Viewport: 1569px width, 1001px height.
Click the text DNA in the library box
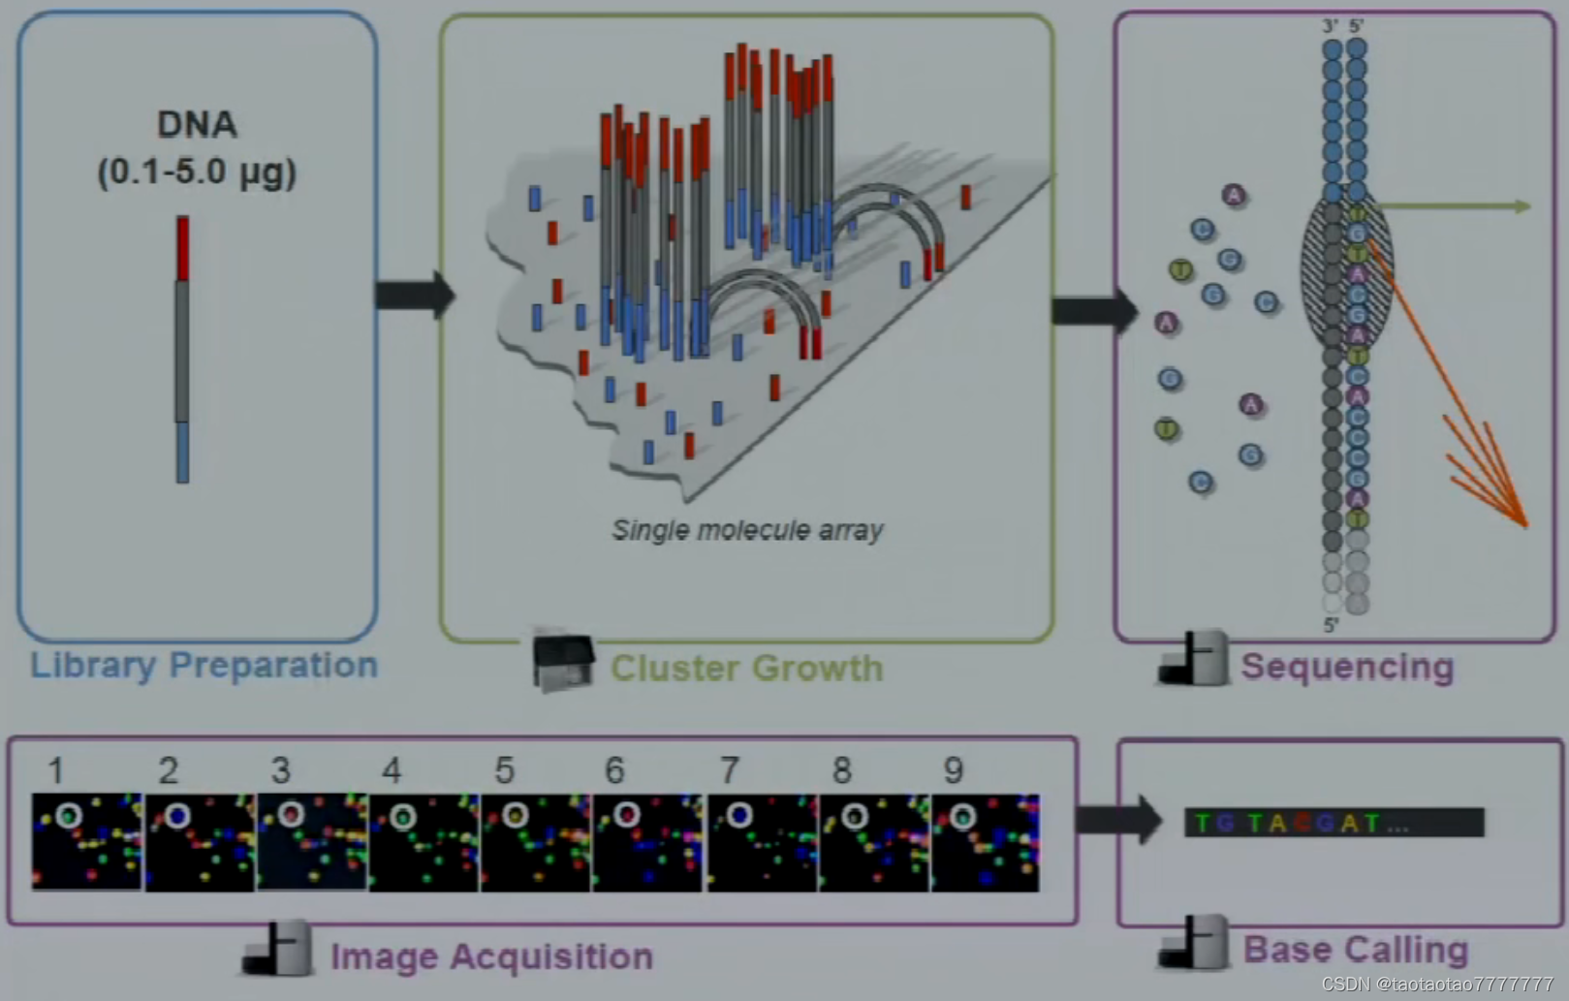coord(197,125)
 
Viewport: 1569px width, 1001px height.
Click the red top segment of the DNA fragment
coord(182,248)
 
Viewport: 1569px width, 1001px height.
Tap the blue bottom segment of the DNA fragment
coord(182,452)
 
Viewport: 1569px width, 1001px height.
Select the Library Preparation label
coord(204,665)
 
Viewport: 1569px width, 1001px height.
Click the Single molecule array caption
coord(747,530)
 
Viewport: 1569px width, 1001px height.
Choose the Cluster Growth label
coord(746,669)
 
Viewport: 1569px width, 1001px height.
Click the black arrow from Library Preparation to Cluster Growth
coord(414,295)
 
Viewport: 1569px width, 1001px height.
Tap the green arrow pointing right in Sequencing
coord(1454,206)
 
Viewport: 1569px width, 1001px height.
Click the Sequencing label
coord(1347,667)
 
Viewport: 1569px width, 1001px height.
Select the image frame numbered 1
coord(87,841)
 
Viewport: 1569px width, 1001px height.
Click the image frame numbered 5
coord(536,841)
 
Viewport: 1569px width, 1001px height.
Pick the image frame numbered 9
coord(985,841)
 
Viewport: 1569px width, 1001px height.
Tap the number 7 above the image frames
coord(729,770)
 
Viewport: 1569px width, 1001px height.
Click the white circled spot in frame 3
coord(291,815)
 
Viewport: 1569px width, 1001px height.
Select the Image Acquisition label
coord(491,956)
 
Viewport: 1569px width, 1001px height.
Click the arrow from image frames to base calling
coord(1118,820)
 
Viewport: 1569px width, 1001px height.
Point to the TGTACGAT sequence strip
coord(1334,823)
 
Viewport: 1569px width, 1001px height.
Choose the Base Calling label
coord(1355,950)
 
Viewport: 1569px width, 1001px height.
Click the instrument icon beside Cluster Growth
coord(563,662)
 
